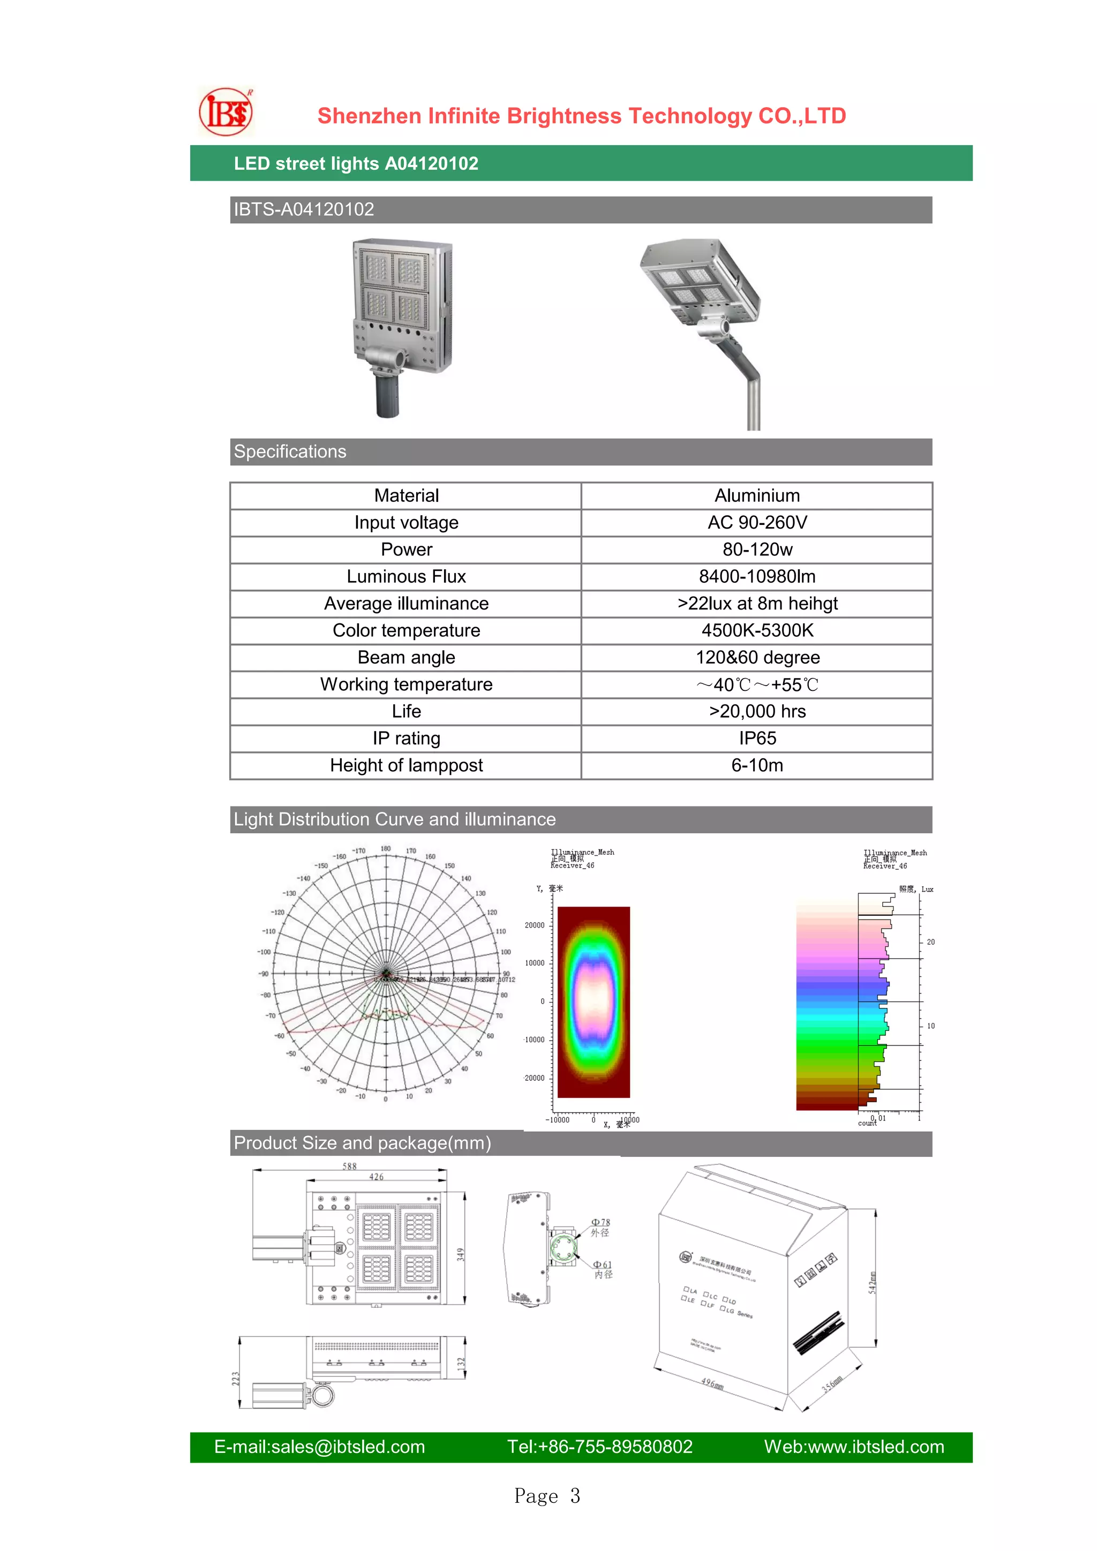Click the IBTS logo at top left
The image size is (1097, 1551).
pyautogui.click(x=226, y=112)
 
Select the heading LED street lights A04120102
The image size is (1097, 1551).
pyautogui.click(x=356, y=163)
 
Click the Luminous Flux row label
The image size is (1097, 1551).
pyautogui.click(x=406, y=577)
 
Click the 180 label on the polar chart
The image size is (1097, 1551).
pyautogui.click(x=385, y=848)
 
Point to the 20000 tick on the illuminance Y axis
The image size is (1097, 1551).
pyautogui.click(x=535, y=925)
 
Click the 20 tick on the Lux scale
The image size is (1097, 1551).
pyautogui.click(x=930, y=942)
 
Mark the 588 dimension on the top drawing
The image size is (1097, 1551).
pyautogui.click(x=349, y=1166)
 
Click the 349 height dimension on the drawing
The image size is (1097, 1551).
pyautogui.click(x=461, y=1254)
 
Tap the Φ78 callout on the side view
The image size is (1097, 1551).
pyautogui.click(x=600, y=1223)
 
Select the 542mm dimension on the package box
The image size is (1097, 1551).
pyautogui.click(x=872, y=1283)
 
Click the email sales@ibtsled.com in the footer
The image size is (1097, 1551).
pyautogui.click(x=319, y=1447)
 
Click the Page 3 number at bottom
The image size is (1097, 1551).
pyautogui.click(x=547, y=1496)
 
